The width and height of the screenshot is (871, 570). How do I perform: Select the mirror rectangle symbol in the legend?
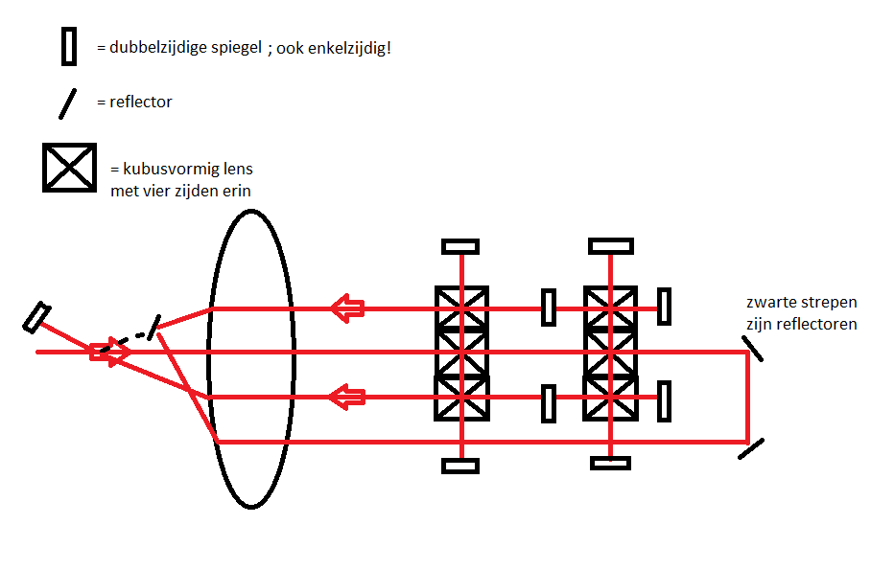point(69,46)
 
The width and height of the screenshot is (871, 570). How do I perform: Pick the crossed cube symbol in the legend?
point(69,168)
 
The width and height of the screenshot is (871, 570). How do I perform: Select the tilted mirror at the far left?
point(37,316)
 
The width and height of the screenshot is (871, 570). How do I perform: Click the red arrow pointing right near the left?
point(110,352)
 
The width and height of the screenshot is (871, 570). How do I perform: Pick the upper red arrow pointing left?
point(348,308)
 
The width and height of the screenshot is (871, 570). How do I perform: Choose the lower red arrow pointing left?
point(348,396)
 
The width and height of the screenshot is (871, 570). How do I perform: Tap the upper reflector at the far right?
point(753,347)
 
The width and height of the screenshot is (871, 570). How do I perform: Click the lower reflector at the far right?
point(752,448)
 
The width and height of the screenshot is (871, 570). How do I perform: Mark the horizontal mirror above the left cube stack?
point(460,246)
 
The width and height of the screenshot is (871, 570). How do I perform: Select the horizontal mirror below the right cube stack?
point(611,464)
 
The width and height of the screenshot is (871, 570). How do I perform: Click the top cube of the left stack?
point(461,308)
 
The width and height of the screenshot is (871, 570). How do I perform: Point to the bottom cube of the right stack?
point(611,397)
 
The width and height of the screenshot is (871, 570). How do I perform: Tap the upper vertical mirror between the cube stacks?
point(549,308)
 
